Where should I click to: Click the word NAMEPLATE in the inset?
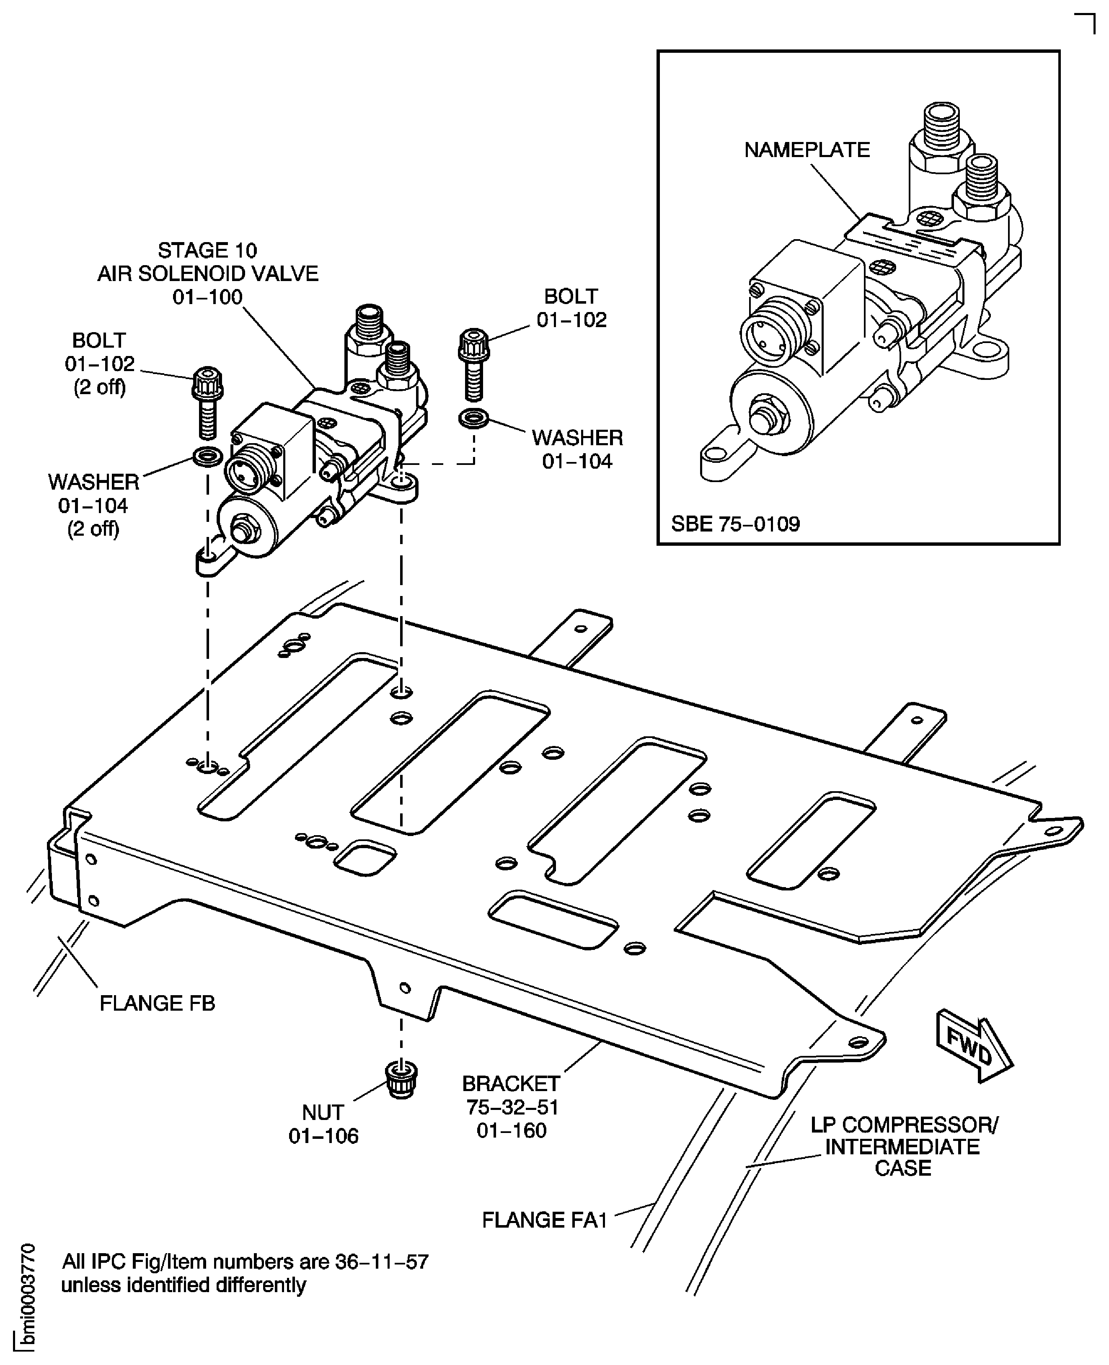tap(807, 150)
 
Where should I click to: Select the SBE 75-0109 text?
tap(735, 524)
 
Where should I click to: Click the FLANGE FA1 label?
tap(544, 1220)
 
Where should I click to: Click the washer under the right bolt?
tap(474, 419)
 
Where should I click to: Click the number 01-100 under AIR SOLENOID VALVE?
tap(208, 297)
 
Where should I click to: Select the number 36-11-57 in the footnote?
tap(381, 1262)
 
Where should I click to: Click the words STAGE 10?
tap(208, 250)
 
